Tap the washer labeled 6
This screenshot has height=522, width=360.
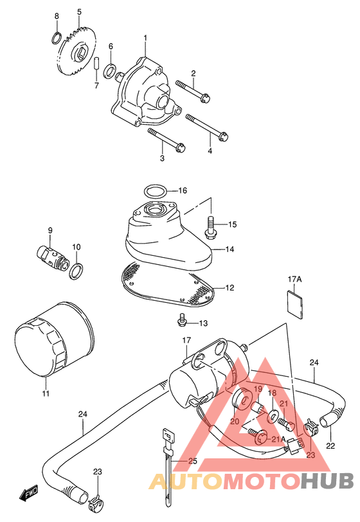point(109,70)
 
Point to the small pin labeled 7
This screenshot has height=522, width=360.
point(96,63)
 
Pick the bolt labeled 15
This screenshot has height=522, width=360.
point(210,227)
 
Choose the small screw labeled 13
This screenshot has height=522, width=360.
point(181,320)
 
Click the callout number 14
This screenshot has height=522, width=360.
point(230,249)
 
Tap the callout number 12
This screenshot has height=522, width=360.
point(230,287)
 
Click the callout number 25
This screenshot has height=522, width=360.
point(193,461)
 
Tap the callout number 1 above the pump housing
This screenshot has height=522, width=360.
point(145,39)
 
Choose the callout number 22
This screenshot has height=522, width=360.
point(330,445)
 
